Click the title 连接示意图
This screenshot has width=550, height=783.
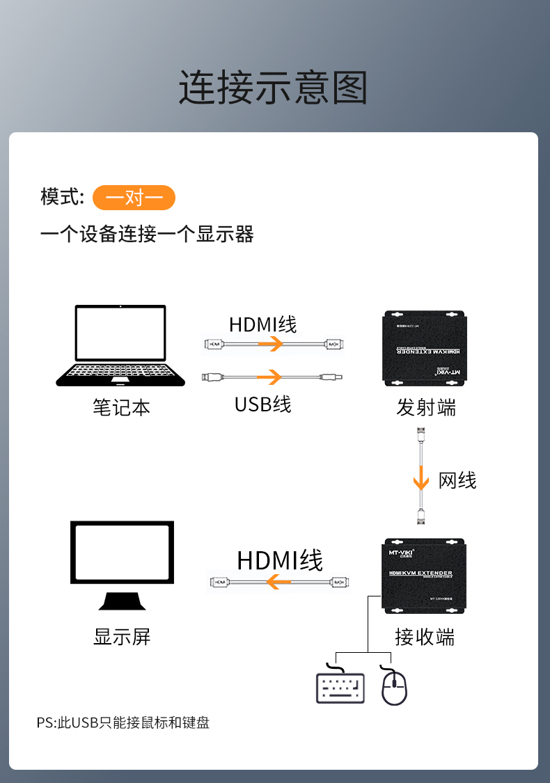[x=273, y=87]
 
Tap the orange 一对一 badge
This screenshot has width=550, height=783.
[x=134, y=198]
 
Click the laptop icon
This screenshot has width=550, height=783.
[x=120, y=345]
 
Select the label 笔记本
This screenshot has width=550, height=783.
[x=121, y=407]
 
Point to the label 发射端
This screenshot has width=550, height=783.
[x=426, y=407]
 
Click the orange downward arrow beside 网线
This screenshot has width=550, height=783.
[x=421, y=480]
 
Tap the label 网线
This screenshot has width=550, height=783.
[x=457, y=480]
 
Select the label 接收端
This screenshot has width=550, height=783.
[x=424, y=636]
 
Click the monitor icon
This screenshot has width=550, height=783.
[x=122, y=564]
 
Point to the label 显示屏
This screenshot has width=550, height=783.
[x=122, y=636]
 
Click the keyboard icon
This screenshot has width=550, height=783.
[x=340, y=687]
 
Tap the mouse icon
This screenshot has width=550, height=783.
[x=394, y=687]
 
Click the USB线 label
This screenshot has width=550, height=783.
[x=262, y=404]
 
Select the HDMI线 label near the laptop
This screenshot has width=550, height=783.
[x=262, y=324]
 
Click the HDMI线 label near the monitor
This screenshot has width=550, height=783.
[x=280, y=561]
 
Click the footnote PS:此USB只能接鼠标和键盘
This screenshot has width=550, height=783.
[x=123, y=722]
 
